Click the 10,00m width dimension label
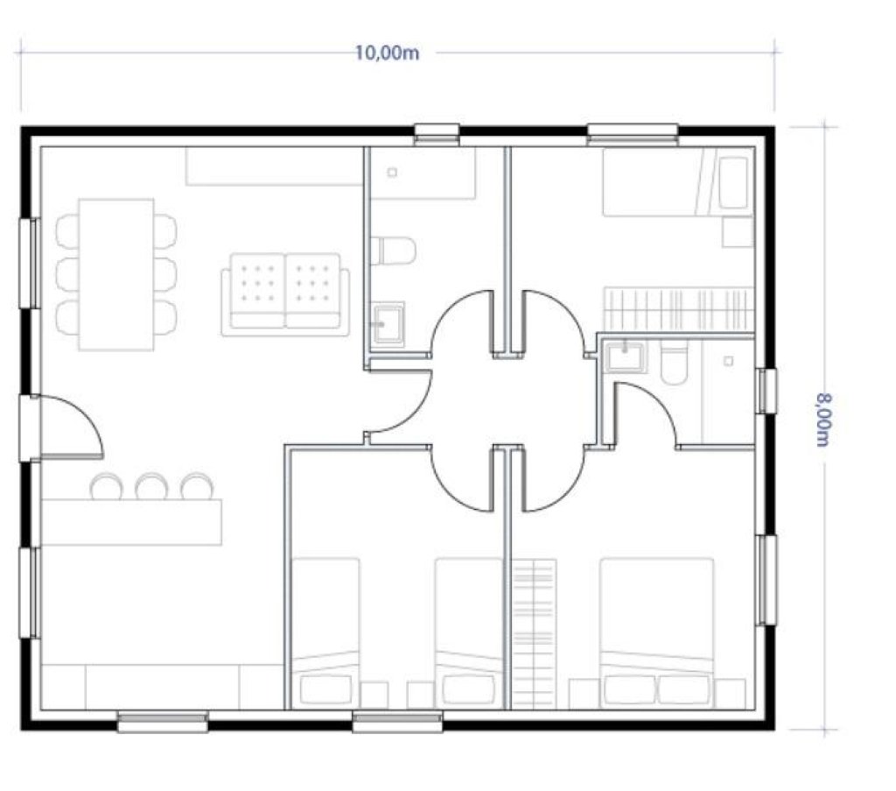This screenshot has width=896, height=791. click(x=387, y=53)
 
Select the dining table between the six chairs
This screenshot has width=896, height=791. click(x=116, y=274)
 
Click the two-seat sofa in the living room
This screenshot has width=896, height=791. click(x=285, y=294)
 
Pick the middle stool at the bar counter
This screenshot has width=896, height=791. click(x=150, y=486)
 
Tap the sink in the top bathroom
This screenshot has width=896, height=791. click(x=388, y=324)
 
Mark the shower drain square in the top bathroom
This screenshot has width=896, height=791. click(x=392, y=173)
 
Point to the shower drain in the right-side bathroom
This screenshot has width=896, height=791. click(x=728, y=362)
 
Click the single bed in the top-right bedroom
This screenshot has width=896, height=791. click(x=678, y=182)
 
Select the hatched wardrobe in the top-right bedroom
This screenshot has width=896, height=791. click(x=679, y=309)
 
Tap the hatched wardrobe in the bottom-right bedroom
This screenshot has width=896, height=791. click(x=535, y=634)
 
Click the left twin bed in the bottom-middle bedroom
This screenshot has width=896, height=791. click(x=325, y=633)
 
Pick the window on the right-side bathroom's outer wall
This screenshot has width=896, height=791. click(x=767, y=392)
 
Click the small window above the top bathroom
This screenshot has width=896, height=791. click(x=437, y=134)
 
